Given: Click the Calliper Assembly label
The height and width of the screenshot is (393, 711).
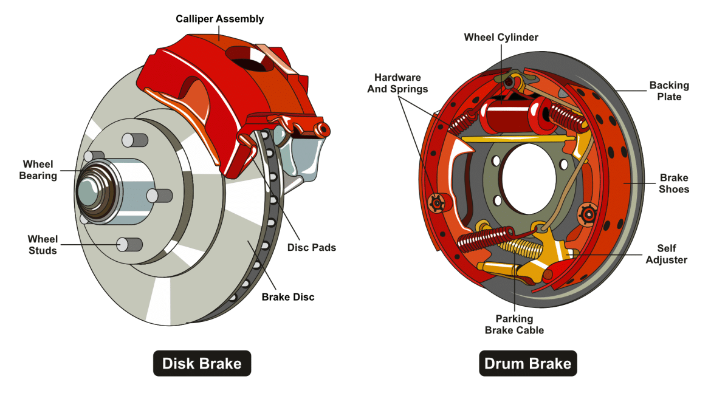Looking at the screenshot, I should [x=219, y=19].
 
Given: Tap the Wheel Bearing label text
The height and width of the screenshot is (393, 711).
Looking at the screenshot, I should [x=38, y=170].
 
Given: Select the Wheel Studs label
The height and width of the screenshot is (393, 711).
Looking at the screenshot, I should [x=43, y=244].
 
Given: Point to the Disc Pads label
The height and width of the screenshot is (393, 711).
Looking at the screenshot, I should [x=311, y=247].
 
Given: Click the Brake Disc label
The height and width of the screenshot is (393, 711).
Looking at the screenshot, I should [x=288, y=297].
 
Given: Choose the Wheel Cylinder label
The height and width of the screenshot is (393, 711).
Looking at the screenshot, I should [x=501, y=38].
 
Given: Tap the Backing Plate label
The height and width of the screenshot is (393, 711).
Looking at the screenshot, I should [x=669, y=91].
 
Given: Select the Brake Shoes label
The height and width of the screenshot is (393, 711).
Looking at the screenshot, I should [x=674, y=183].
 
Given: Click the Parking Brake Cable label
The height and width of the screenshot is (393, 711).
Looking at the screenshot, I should [x=514, y=324].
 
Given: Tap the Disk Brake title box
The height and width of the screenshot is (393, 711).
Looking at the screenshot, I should [x=201, y=363].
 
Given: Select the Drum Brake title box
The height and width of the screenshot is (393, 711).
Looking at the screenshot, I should [x=527, y=363].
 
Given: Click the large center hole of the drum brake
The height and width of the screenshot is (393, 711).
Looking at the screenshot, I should [x=526, y=179].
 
